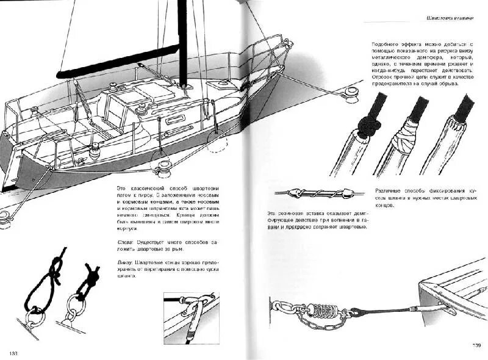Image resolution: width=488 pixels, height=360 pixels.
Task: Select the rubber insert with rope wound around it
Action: click(x=312, y=193)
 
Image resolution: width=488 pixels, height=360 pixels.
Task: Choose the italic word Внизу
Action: click(x=126, y=261)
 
